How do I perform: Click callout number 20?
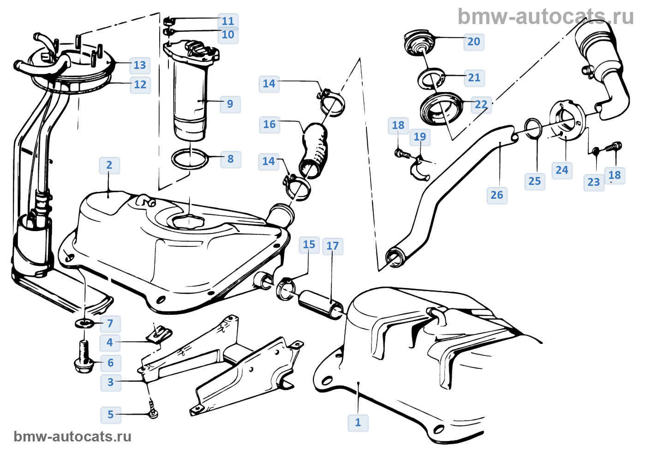[474, 42]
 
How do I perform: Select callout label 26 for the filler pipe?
[497, 195]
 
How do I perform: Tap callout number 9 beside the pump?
[230, 104]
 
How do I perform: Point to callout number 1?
[358, 422]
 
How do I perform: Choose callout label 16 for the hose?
[269, 124]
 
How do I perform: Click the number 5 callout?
[111, 415]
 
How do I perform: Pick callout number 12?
[140, 85]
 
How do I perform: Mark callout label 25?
[535, 181]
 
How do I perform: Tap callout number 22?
[481, 104]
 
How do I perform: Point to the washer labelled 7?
[85, 323]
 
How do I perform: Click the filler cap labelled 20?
[419, 43]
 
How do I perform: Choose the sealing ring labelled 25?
[533, 128]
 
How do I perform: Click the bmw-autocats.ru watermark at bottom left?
[72, 436]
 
